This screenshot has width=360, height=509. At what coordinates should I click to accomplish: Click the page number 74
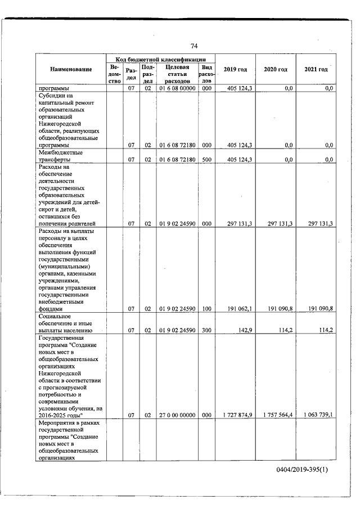(x=194, y=46)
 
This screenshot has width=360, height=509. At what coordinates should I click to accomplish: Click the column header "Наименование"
(x=71, y=70)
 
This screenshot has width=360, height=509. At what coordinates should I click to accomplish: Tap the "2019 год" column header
(x=235, y=69)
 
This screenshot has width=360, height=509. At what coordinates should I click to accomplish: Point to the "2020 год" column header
(x=276, y=69)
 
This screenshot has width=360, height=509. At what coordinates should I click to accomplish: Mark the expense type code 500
(x=206, y=160)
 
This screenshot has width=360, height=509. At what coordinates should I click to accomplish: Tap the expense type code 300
(x=206, y=330)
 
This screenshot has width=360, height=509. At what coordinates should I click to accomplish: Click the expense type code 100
(x=206, y=309)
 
